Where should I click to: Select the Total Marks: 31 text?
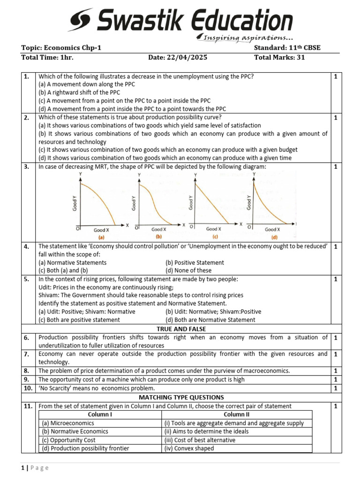(x=279, y=58)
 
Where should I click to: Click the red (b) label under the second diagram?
(x=158, y=237)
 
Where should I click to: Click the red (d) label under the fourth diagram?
(x=274, y=237)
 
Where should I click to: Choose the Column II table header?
(x=237, y=414)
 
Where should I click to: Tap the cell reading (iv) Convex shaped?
(x=189, y=448)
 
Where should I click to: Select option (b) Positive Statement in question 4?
(x=195, y=262)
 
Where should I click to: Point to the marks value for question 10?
(x=336, y=389)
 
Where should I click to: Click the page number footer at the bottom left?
(x=35, y=468)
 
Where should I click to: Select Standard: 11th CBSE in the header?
(x=287, y=48)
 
